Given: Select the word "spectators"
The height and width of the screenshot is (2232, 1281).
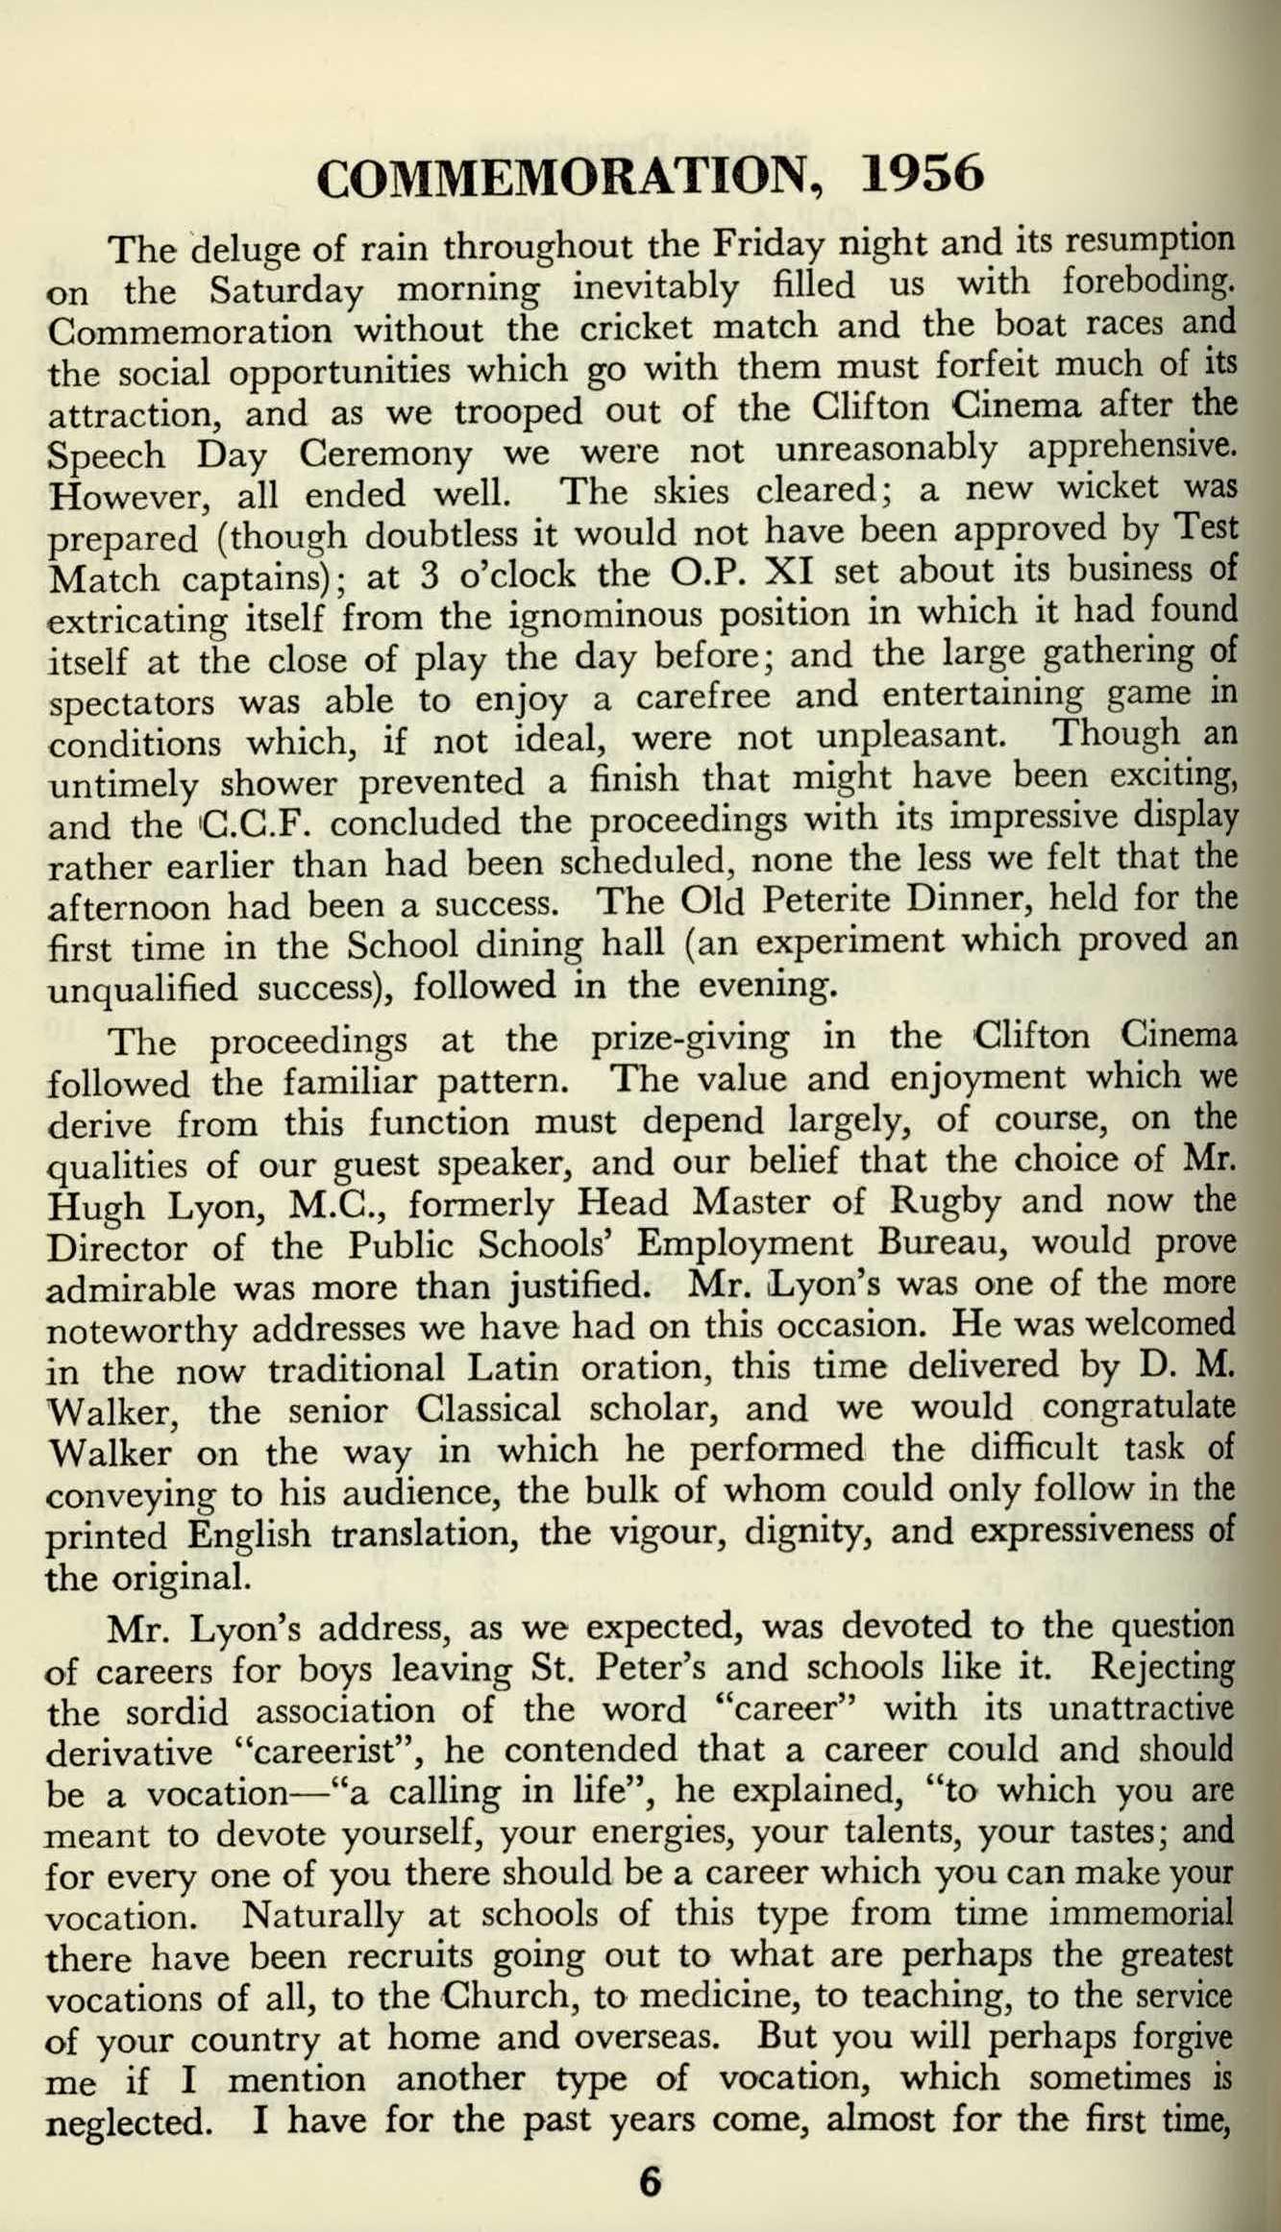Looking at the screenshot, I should pos(131,703).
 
